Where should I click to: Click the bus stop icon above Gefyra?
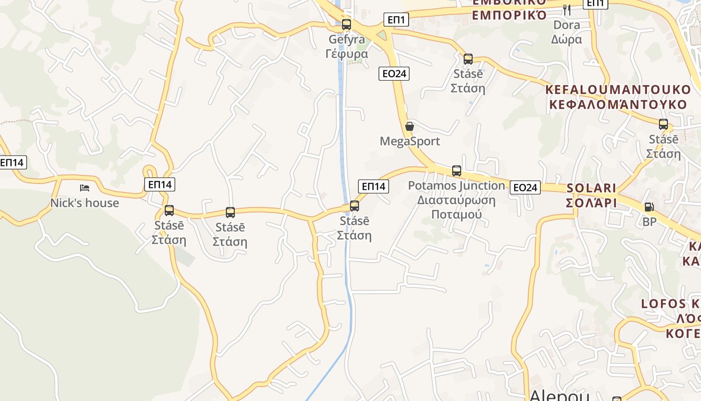tap(346, 24)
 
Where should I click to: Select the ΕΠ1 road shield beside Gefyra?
tap(396, 20)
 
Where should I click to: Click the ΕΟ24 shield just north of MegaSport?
tap(394, 74)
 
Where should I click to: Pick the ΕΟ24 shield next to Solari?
tap(525, 187)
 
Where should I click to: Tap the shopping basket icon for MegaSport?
tap(410, 126)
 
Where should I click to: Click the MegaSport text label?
tap(410, 141)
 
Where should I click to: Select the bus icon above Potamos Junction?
tap(456, 170)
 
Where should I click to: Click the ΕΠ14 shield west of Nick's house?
tap(12, 162)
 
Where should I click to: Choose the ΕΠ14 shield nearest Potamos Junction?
tap(374, 186)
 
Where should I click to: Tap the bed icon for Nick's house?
tap(85, 188)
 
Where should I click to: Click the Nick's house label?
tap(85, 203)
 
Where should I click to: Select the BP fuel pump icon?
tap(649, 207)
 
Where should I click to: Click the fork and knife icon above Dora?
tap(567, 9)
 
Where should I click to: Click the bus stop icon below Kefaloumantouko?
tap(663, 124)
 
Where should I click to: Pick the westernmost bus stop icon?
tap(169, 211)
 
